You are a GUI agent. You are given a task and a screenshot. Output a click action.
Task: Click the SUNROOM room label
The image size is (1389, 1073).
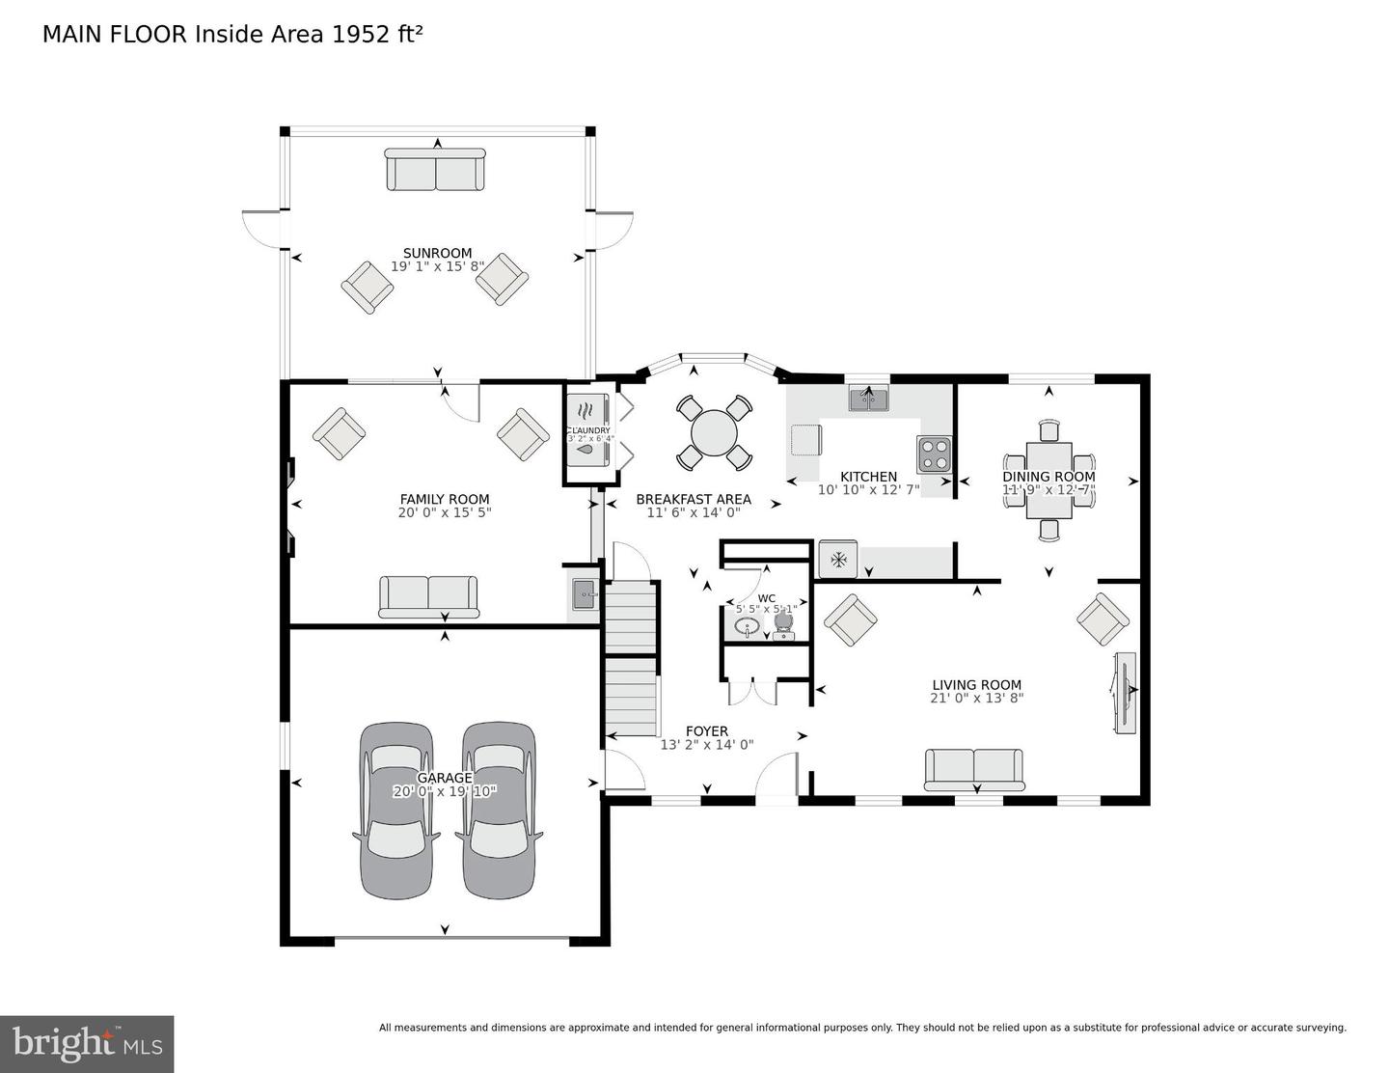point(437,254)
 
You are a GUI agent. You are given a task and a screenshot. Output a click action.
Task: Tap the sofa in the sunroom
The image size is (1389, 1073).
point(436,170)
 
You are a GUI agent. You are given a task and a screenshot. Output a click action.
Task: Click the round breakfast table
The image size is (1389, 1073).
point(714,433)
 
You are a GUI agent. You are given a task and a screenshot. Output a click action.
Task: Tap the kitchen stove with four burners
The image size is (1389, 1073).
point(934,454)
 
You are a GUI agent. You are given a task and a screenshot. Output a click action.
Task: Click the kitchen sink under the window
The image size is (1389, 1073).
point(869,398)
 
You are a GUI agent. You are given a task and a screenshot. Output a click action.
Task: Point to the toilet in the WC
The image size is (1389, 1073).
point(782,626)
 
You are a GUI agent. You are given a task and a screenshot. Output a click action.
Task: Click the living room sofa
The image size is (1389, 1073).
point(974,769)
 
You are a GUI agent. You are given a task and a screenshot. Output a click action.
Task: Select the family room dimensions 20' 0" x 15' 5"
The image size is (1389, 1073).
point(445,512)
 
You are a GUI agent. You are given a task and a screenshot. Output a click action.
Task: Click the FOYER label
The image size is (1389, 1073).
point(707,731)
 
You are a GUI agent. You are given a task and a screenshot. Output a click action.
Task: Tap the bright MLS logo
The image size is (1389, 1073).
point(87,1044)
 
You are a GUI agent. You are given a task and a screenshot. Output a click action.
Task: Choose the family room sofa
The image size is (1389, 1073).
point(428,596)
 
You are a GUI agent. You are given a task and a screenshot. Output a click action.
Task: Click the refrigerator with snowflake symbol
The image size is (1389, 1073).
point(838,559)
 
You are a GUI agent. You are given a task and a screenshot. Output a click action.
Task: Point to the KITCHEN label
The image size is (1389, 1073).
point(868,477)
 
